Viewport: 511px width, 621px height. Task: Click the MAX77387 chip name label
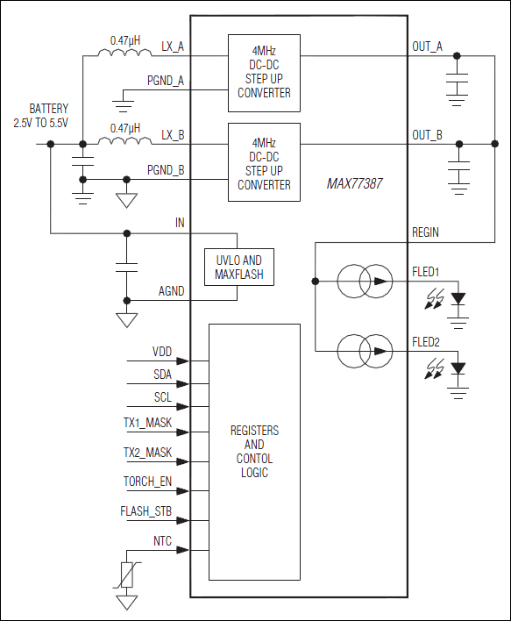point(353,185)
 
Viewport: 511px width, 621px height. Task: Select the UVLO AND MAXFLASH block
point(238,268)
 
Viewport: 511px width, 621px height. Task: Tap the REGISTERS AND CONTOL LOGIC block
point(254,452)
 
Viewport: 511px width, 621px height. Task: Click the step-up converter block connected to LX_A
point(264,73)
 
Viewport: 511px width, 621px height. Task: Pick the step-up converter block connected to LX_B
point(264,163)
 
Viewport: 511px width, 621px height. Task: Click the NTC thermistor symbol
point(128,575)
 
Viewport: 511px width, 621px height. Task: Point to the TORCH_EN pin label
point(147,482)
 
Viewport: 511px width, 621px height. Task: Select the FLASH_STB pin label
point(146,510)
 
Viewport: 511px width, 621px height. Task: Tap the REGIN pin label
point(425,232)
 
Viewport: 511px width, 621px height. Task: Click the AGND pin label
point(171,290)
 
